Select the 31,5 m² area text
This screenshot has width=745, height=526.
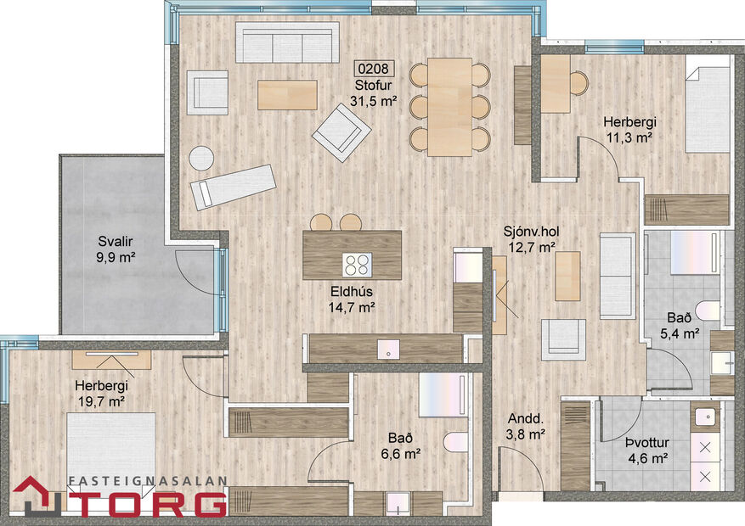[x=375, y=101]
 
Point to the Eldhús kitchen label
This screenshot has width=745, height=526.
[x=352, y=293]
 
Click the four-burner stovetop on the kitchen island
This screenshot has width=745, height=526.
[x=358, y=264]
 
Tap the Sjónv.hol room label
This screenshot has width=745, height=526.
[x=530, y=232]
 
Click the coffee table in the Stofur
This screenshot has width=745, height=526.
[x=287, y=93]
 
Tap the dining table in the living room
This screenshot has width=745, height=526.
[x=449, y=106]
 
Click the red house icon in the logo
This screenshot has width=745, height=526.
[x=34, y=495]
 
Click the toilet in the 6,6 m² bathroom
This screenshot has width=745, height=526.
[x=454, y=443]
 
